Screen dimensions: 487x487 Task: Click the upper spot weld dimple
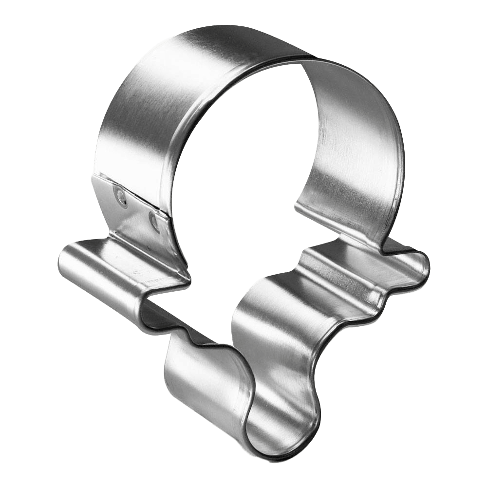120,198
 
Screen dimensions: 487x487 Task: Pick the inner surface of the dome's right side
351,146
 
